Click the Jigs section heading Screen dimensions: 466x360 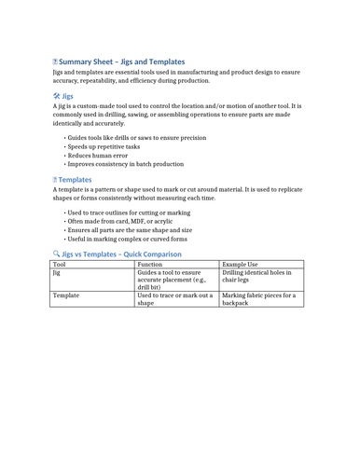[x=67, y=96]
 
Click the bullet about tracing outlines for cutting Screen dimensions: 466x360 [x=129, y=212]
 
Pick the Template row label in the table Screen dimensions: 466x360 [x=66, y=295]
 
